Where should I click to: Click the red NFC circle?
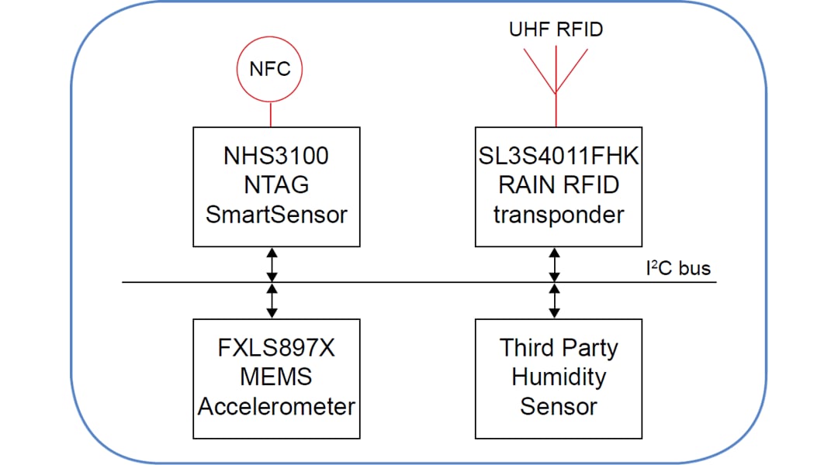tap(269, 69)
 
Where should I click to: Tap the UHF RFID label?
tap(556, 30)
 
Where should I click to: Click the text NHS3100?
tap(276, 156)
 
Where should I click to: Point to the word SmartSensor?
tap(276, 214)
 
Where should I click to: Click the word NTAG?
tap(276, 184)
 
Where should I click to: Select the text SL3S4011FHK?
tap(559, 156)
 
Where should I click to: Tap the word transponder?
tap(559, 214)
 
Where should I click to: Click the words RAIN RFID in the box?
tap(559, 184)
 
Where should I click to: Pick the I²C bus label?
tap(677, 269)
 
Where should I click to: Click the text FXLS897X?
tap(276, 347)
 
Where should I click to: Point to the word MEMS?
tap(276, 377)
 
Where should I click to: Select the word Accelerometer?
tap(276, 406)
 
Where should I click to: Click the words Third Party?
tap(559, 347)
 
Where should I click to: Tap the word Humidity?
tap(559, 377)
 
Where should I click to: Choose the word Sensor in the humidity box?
tap(559, 406)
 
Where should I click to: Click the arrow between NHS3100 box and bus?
tap(271, 264)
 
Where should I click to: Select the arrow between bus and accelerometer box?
tap(271, 301)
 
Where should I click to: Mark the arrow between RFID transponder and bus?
tap(554, 264)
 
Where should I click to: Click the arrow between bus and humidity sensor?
tap(554, 301)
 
